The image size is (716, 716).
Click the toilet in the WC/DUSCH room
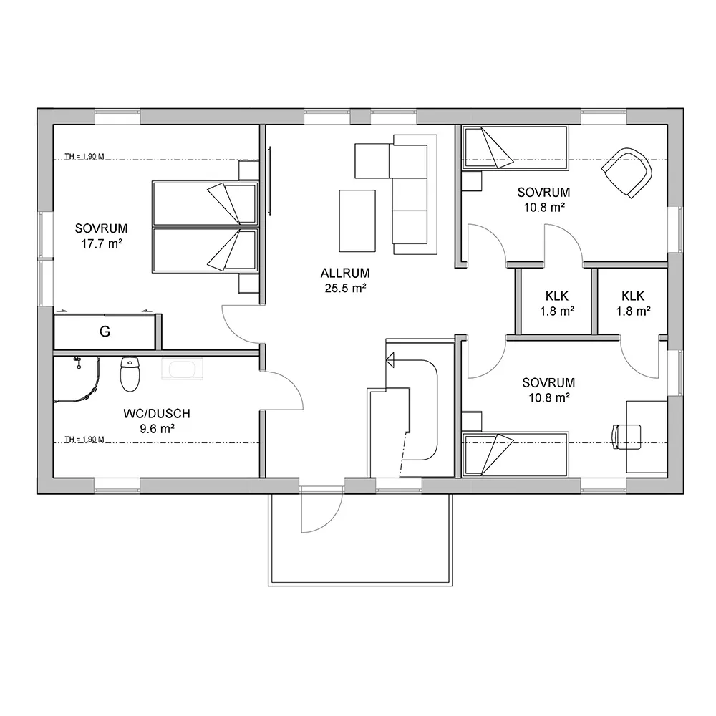coord(130,374)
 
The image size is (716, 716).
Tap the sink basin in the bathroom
coord(182,369)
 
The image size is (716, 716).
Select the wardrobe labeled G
coord(105,332)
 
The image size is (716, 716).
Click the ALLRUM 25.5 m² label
coord(345,281)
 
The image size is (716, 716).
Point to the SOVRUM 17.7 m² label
coord(102,236)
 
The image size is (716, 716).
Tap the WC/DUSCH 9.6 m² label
coord(157,421)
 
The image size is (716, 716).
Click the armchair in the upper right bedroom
coord(627,173)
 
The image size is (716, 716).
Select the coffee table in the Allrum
coord(357,221)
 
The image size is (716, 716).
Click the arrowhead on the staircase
coord(390,360)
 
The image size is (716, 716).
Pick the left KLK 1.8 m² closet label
coord(557,304)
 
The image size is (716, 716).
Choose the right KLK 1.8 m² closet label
coord(634,304)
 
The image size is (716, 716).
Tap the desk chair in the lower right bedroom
coord(626,437)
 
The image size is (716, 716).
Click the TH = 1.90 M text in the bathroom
coord(84,440)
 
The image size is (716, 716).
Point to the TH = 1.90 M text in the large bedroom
coord(84,157)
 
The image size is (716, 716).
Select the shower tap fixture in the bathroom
coord(77,362)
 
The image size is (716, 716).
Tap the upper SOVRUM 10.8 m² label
coord(544,200)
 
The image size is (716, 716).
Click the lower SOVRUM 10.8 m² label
coord(549,390)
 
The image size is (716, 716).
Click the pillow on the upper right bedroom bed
coord(498,148)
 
